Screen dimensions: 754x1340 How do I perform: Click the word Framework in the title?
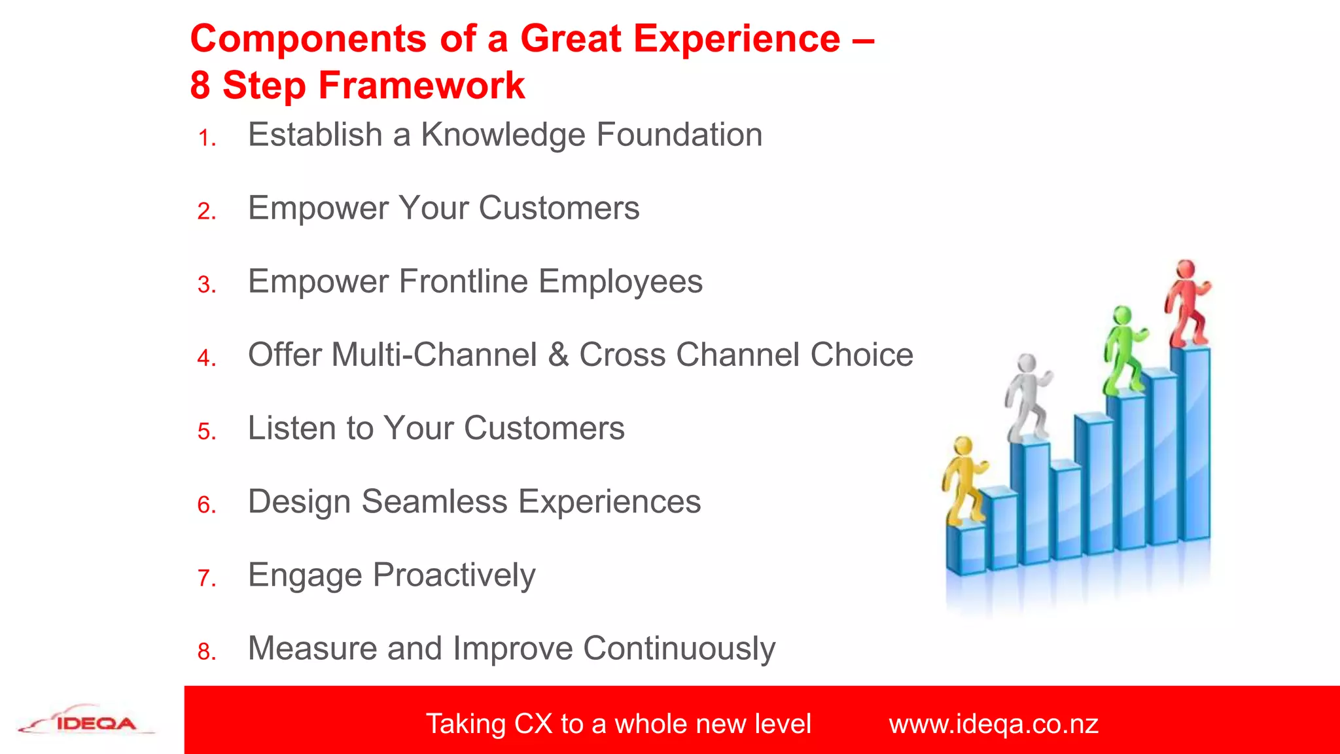[x=421, y=86]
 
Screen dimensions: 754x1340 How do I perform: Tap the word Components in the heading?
[x=308, y=39]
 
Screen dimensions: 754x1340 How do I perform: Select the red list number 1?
[x=206, y=138]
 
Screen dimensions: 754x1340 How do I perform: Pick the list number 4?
[x=206, y=358]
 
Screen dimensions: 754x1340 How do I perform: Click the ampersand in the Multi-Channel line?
[x=558, y=355]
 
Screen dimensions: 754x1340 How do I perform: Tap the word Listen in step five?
[x=291, y=429]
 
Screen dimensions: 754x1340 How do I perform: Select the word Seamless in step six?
[x=434, y=502]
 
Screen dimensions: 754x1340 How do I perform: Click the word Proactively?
[x=454, y=576]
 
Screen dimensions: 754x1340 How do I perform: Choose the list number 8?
[x=206, y=651]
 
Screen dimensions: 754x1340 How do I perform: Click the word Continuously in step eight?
[x=679, y=649]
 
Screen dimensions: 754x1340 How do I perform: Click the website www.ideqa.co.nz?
[x=993, y=724]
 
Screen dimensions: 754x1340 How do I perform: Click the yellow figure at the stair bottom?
[x=963, y=482]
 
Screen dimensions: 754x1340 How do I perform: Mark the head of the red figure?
[x=1186, y=269]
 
